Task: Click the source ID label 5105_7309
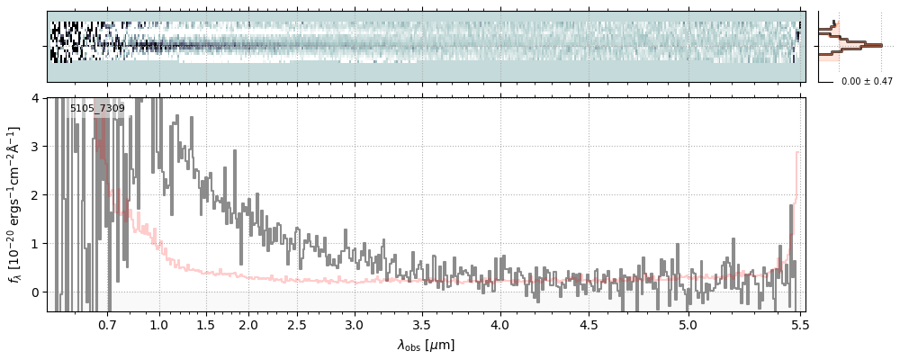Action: click(97, 109)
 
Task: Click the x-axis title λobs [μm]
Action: click(426, 345)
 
